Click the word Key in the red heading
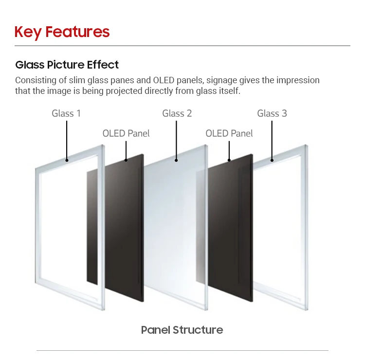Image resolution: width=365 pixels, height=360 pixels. (28, 32)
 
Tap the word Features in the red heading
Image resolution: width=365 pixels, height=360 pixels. (77, 32)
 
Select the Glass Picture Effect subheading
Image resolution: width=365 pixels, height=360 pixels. (67, 65)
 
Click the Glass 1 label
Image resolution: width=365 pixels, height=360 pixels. (66, 113)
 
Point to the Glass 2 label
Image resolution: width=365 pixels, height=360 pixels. (177, 113)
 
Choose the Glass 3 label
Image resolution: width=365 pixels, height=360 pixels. (272, 113)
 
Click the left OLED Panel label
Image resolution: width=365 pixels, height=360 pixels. (126, 133)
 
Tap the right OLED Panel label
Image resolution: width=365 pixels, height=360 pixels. (229, 133)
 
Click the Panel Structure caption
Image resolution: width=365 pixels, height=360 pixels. (182, 330)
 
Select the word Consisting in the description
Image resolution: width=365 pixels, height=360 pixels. (35, 80)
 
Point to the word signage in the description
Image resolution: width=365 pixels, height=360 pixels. (222, 80)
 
